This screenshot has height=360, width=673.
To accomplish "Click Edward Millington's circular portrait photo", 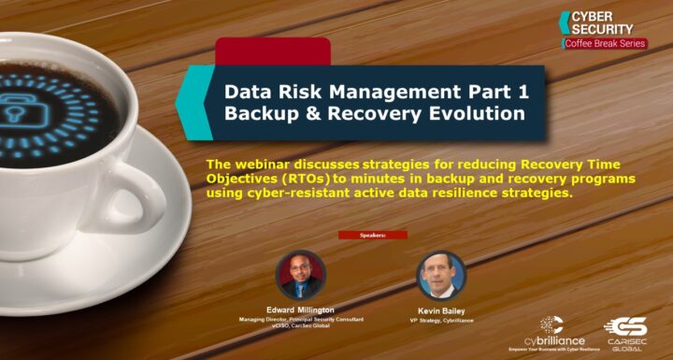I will click(x=301, y=274).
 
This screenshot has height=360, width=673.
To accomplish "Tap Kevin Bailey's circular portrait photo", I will click(x=441, y=275).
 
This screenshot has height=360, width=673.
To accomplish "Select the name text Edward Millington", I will click(x=301, y=310).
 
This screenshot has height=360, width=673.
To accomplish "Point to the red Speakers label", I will click(x=372, y=235).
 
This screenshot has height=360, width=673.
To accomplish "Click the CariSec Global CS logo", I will click(x=625, y=329).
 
